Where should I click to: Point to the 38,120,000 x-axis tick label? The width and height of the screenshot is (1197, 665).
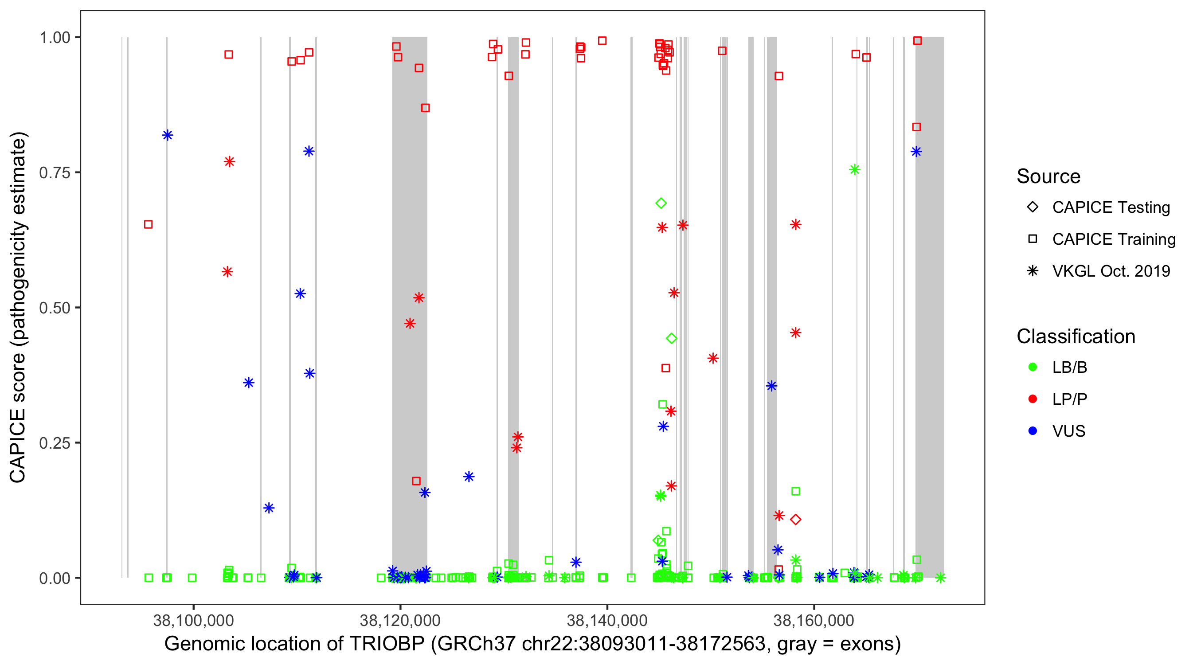click(399, 620)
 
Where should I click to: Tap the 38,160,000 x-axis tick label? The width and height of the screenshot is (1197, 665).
click(813, 620)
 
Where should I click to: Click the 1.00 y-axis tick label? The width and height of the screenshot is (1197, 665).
click(55, 37)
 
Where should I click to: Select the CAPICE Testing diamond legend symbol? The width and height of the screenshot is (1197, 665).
click(1033, 207)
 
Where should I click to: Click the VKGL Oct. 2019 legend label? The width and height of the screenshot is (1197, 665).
click(1111, 271)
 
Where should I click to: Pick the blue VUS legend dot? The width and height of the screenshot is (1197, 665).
click(1033, 431)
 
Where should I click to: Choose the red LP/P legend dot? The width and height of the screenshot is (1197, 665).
click(1033, 399)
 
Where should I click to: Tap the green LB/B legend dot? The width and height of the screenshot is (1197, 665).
click(1033, 367)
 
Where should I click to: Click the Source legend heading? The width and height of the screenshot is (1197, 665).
click(1048, 176)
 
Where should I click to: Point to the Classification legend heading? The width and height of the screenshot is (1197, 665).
click(1076, 336)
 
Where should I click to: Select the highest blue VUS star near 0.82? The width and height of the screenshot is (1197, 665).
click(168, 135)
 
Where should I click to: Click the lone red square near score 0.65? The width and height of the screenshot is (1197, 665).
click(148, 224)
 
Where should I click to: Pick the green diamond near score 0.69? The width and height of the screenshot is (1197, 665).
click(661, 203)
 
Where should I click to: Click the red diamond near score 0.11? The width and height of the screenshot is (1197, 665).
click(795, 520)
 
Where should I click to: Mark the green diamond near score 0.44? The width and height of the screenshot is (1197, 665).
click(671, 338)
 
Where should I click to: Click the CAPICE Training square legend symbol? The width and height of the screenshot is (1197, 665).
click(1033, 239)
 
